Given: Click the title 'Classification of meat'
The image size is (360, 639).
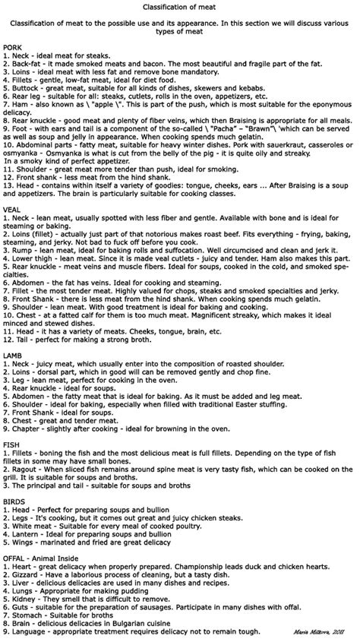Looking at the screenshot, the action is click(x=180, y=6).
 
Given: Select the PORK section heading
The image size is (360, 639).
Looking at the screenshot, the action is click(x=13, y=47).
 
